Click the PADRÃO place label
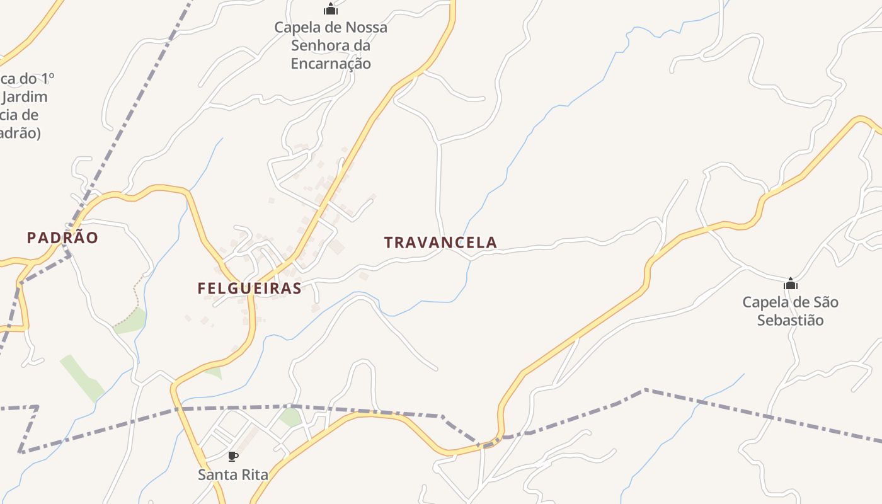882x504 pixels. pos(62,238)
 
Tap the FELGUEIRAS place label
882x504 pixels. pos(249,289)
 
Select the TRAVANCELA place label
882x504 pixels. pos(440,242)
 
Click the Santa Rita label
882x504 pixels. pos(233,474)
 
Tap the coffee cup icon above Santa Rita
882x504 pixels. pos(233,456)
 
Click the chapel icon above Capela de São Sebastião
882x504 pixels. pos(790,283)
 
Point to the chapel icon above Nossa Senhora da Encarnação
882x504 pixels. pos(331,9)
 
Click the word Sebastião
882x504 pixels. pos(790,319)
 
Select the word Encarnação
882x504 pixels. pos(331,63)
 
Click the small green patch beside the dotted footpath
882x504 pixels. pos(131,321)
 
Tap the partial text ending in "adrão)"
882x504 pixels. pos(20,133)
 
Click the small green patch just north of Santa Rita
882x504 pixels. pos(290,416)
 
